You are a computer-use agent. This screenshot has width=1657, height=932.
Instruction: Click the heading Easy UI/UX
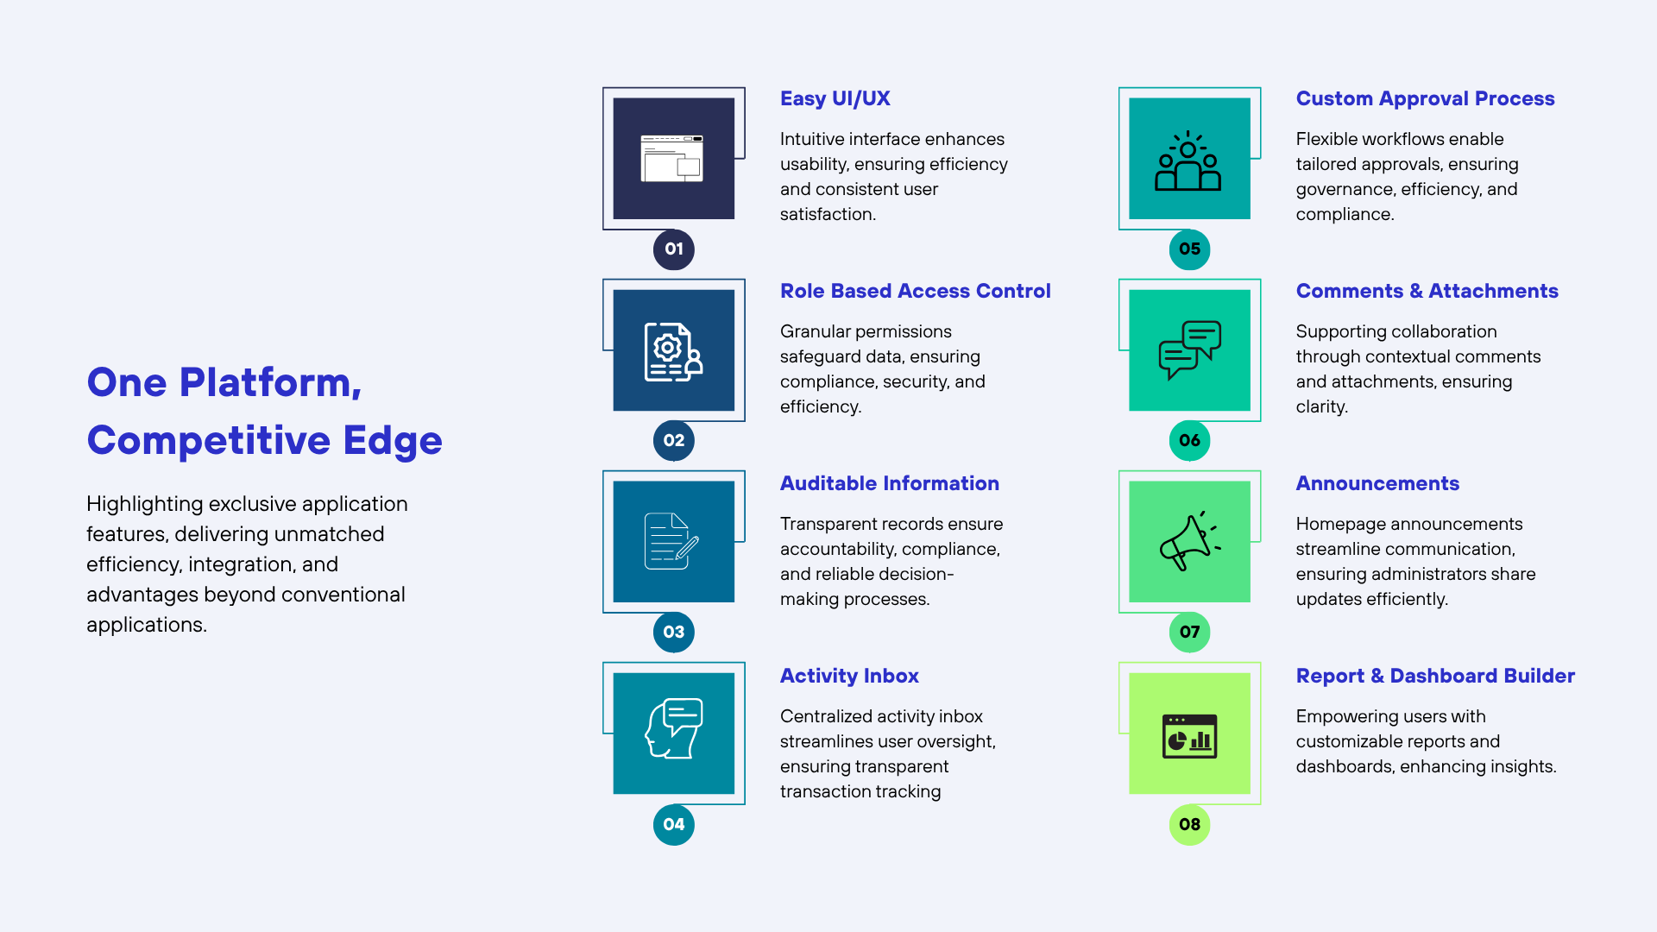tap(835, 98)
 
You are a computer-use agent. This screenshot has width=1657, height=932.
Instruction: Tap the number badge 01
tap(674, 249)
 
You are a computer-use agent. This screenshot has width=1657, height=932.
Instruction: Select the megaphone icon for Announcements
tap(1189, 541)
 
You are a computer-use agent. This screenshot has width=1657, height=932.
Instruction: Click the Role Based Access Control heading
tap(915, 291)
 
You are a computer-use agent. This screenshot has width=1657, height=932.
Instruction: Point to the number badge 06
tap(1189, 441)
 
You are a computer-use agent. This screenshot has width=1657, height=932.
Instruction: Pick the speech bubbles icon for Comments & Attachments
tap(1189, 349)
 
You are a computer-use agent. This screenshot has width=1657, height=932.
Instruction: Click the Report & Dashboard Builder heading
tap(1435, 676)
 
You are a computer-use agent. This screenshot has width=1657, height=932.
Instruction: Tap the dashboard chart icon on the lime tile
tap(1189, 736)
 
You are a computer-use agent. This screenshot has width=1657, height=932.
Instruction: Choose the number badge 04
tap(674, 824)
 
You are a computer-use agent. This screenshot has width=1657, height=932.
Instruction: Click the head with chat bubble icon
tap(674, 728)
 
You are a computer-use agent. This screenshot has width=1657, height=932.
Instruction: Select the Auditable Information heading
tap(889, 483)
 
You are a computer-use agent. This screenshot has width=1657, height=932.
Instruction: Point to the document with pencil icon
tap(671, 541)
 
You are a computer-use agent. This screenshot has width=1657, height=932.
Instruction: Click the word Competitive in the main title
tap(209, 440)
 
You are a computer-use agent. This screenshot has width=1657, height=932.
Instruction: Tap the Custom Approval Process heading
tap(1425, 98)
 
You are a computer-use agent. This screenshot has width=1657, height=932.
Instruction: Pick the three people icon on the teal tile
tap(1188, 161)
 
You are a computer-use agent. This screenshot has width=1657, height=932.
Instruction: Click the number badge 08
tap(1189, 824)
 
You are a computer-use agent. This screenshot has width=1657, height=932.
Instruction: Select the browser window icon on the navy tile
tap(672, 158)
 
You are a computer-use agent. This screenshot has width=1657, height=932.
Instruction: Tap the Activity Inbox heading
tap(849, 676)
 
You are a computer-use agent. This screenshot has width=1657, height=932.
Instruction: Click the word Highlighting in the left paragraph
tap(144, 504)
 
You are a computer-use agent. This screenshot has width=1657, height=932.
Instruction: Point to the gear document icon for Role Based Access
tap(673, 351)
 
